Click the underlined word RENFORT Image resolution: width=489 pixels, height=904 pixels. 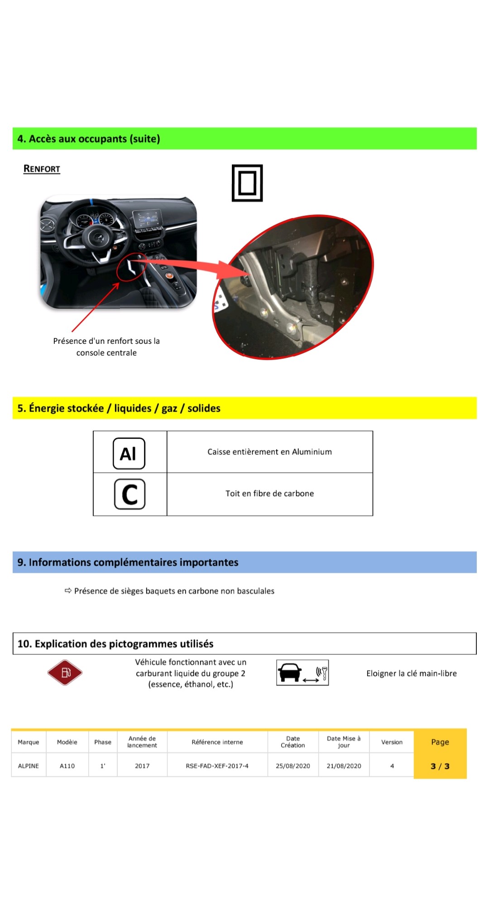coord(42,169)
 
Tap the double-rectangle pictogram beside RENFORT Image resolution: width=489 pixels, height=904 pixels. coord(247,183)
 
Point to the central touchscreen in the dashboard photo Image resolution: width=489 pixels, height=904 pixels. coord(147,219)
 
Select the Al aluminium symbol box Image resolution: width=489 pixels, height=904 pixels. coord(129,453)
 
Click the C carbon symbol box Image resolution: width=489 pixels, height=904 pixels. coord(129,494)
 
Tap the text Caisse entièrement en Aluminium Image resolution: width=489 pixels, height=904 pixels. coord(269,452)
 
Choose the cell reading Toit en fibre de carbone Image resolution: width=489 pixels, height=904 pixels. coord(269,494)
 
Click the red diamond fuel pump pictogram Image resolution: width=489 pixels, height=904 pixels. coord(65,672)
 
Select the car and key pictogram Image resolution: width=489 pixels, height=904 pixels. coord(302,672)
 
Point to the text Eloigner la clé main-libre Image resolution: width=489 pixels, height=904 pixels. coord(411,673)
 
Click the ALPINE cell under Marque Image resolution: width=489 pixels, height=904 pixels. coord(29,766)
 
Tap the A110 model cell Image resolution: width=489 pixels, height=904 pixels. coord(67,766)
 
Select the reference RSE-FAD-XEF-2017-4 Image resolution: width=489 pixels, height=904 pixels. coord(217,766)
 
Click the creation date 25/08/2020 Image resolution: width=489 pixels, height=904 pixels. coord(293,766)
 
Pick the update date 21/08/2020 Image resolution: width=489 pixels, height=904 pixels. coord(344,766)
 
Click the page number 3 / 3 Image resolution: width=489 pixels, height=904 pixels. coord(440,766)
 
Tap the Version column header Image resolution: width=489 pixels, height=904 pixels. coord(392,742)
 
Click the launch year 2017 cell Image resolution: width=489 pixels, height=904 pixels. coord(142,766)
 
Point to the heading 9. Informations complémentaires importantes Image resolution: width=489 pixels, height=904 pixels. coord(128,562)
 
